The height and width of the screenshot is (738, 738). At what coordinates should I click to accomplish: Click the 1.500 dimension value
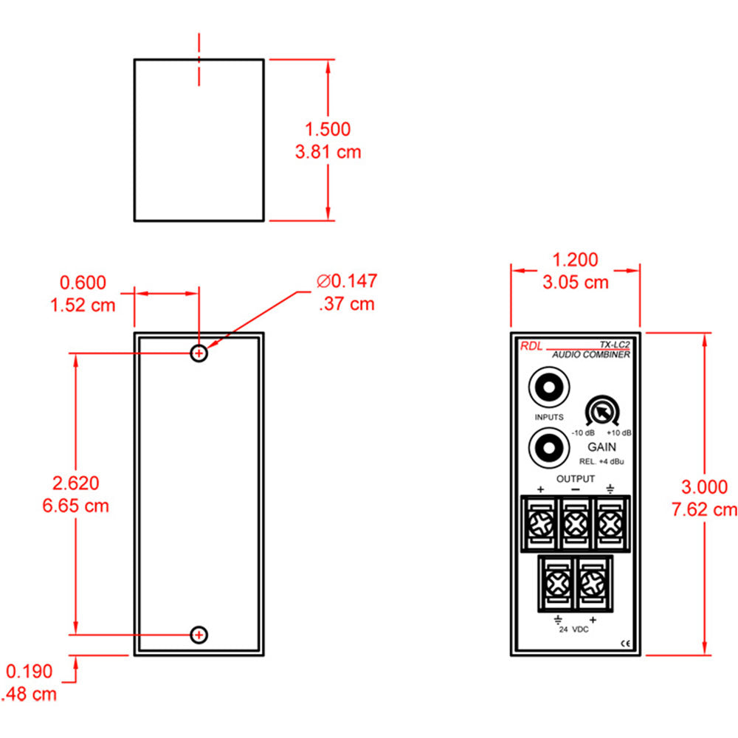point(328,129)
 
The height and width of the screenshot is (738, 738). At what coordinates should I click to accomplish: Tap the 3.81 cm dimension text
point(328,152)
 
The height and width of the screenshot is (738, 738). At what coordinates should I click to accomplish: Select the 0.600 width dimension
point(83,283)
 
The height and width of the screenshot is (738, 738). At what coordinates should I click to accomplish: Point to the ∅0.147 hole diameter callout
point(347,281)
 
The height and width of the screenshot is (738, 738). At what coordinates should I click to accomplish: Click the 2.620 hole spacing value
point(75,483)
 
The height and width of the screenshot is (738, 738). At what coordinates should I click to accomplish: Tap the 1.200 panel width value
point(576,260)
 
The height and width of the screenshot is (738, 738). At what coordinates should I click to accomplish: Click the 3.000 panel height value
point(704,487)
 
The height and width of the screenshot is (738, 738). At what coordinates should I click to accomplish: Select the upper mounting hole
point(199,353)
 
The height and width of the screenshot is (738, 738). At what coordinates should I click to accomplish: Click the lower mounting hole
point(199,634)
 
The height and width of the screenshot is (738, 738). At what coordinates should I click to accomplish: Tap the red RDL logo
point(531,346)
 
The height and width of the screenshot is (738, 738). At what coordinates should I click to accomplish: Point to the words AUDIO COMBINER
point(591,355)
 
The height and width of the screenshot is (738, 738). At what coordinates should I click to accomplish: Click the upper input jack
point(548,387)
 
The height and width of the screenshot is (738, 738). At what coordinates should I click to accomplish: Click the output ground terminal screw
point(610,525)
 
